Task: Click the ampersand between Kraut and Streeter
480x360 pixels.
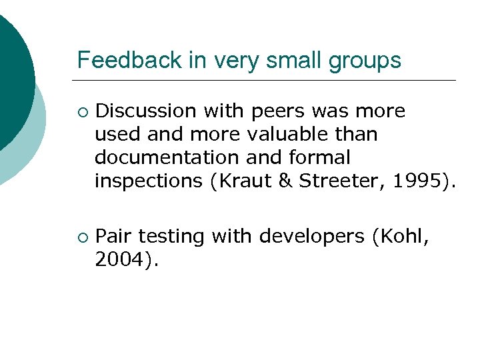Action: pos(285,181)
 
